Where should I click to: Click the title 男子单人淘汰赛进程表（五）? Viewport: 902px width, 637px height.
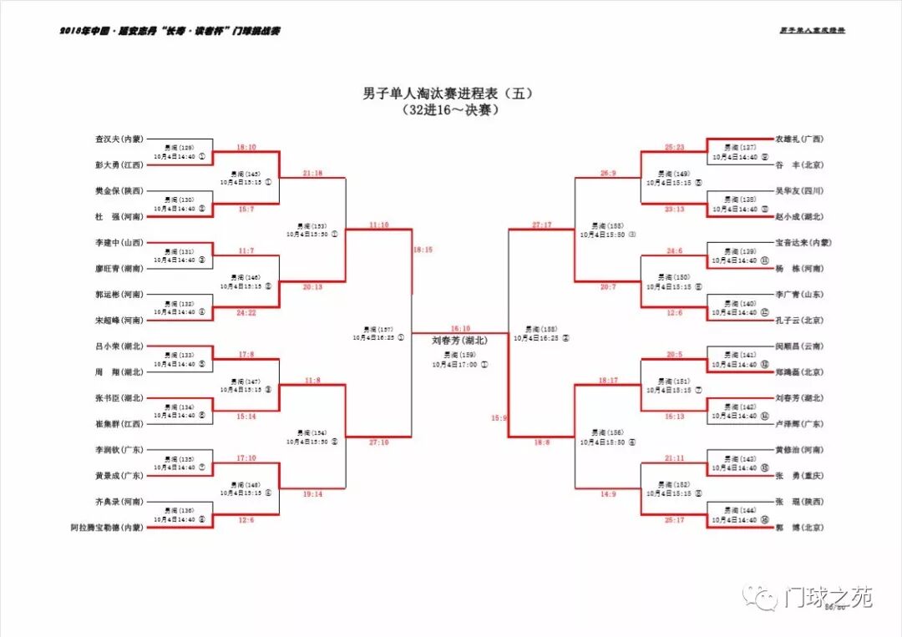[448, 94]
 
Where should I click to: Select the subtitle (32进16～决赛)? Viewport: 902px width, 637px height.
[449, 110]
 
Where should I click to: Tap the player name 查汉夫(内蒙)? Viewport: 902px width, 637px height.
[119, 139]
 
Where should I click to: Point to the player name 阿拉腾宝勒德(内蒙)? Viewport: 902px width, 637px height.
[106, 527]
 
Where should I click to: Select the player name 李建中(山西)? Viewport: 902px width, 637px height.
[119, 242]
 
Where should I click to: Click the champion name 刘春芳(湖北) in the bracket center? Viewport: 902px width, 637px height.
[459, 341]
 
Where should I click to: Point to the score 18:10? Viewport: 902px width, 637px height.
[246, 147]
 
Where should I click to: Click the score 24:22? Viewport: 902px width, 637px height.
[246, 312]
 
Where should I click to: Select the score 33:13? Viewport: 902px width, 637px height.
[674, 209]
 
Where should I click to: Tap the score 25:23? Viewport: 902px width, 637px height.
[674, 147]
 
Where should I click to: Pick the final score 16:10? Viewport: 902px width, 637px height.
[460, 329]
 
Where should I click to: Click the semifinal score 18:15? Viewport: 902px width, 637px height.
[423, 250]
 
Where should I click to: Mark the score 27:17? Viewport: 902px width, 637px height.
[541, 225]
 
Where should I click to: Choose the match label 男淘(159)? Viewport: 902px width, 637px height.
[459, 355]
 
